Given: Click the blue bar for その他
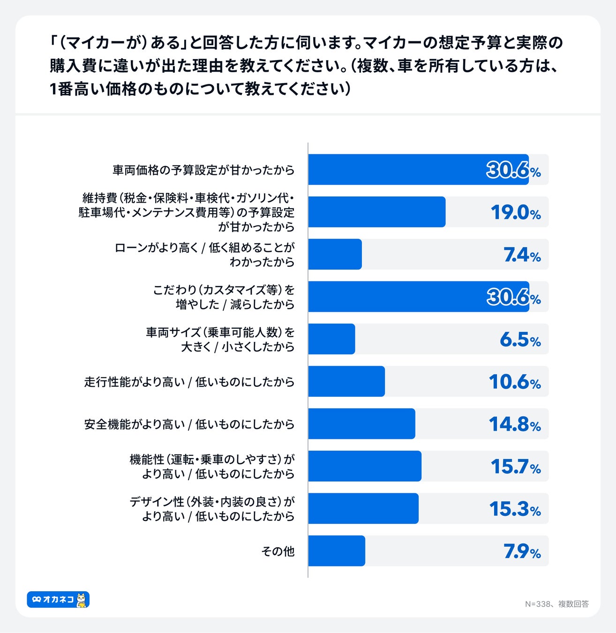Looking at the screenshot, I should click(337, 550).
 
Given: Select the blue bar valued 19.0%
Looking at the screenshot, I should click(377, 212).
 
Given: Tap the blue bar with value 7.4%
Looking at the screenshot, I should click(335, 254).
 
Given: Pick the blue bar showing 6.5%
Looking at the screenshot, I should click(331, 339).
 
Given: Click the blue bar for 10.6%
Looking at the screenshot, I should click(346, 381).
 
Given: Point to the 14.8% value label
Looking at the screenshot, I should click(515, 424).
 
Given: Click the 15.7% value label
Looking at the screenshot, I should click(516, 466).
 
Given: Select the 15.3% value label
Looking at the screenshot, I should click(515, 509).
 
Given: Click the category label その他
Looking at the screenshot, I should click(278, 551).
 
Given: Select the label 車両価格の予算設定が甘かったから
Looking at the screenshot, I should click(203, 170).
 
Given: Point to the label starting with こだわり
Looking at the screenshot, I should click(224, 297).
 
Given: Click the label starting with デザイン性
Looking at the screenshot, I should click(212, 509).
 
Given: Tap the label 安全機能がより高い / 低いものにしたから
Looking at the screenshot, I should click(189, 424).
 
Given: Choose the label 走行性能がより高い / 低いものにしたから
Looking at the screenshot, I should click(189, 382).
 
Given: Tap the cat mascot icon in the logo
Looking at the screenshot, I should click(82, 600).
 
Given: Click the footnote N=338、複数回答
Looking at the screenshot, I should click(556, 604).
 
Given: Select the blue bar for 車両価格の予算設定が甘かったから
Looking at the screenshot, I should click(418, 169).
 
